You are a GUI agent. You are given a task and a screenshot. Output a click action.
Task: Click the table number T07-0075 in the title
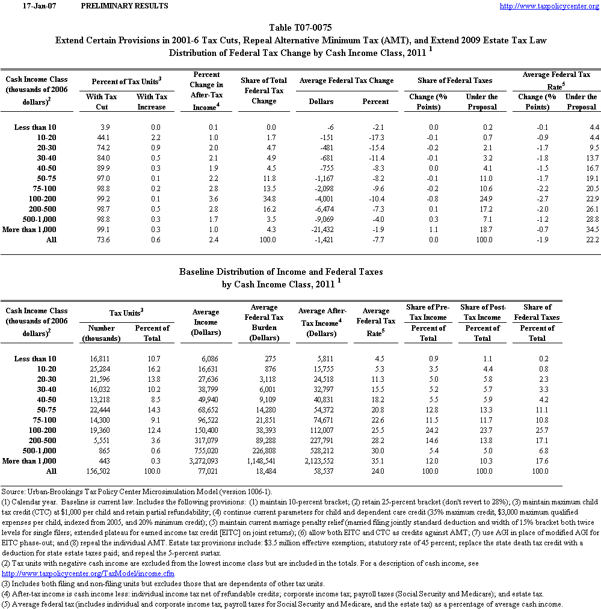[x=301, y=28]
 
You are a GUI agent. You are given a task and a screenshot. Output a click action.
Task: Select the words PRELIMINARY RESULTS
[x=124, y=6]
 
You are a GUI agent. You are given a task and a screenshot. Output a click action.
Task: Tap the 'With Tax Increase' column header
[x=152, y=102]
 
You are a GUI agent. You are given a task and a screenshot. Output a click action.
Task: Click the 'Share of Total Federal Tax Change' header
[x=264, y=91]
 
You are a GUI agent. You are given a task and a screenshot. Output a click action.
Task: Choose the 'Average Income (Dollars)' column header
[x=206, y=322]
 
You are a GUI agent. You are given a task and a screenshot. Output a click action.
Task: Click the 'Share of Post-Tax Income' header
[x=482, y=312]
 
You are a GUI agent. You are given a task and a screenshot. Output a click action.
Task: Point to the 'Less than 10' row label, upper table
[x=35, y=127]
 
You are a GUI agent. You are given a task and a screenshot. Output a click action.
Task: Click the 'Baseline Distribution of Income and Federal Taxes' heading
[x=281, y=272]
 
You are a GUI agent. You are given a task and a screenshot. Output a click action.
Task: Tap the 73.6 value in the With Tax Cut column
[x=101, y=240]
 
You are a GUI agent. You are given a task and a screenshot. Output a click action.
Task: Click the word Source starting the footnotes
[x=13, y=492]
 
